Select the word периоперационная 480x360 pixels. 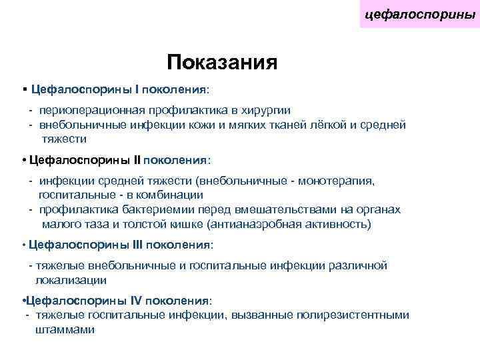click(x=87, y=110)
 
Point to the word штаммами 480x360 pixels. click(x=65, y=330)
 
